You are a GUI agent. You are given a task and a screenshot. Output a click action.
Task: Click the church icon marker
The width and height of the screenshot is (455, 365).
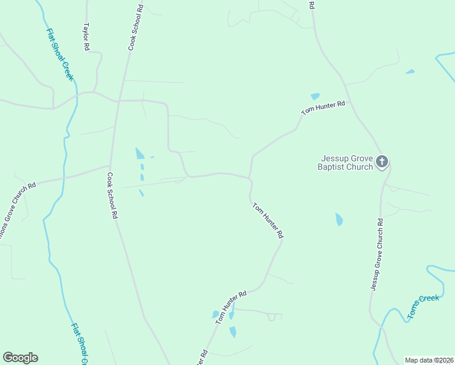point(381,161)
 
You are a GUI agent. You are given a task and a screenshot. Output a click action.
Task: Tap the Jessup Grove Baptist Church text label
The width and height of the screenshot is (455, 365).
point(345,162)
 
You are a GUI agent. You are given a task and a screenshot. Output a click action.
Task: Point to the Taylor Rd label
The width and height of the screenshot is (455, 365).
point(86,37)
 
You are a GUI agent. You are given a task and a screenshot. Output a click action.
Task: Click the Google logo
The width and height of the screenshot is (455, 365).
point(20,358)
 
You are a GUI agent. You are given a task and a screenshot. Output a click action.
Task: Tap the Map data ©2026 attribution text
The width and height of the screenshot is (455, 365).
point(428,360)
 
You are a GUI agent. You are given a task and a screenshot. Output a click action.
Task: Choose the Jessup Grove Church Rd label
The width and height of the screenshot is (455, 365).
point(374,254)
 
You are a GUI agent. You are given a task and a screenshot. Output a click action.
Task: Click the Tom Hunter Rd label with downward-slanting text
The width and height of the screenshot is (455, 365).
point(268,220)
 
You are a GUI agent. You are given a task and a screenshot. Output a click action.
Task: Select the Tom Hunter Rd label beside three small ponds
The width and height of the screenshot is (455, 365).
point(229,304)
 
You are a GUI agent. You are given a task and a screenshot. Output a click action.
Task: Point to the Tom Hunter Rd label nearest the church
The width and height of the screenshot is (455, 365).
point(324,108)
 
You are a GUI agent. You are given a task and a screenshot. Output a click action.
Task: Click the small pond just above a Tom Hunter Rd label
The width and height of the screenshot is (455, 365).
point(315,96)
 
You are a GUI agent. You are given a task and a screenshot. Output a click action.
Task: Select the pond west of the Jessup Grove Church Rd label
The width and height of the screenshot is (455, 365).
point(339,219)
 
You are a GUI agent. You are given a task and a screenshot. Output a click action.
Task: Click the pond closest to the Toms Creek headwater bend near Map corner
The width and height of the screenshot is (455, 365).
point(410,72)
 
